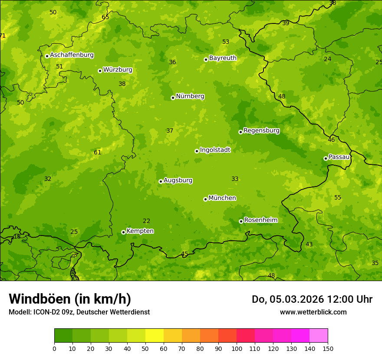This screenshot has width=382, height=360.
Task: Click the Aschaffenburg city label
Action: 72,55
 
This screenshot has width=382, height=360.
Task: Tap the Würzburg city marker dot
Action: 100,71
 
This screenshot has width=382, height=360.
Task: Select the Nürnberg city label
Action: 190,96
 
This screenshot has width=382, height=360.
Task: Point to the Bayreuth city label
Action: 223,58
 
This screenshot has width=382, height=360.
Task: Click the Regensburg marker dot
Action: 240,132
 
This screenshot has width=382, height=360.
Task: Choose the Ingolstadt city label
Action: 215,150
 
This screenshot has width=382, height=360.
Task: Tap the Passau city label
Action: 339,157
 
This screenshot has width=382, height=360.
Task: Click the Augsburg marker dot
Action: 161,181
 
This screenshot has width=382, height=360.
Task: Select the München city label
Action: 222,198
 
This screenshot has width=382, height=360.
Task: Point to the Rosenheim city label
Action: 260,220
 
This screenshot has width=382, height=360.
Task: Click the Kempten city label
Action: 140,231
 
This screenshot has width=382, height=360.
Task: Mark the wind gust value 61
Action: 97,152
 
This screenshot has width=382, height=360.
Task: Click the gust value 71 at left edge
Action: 3,36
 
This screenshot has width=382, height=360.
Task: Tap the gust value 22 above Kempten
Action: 147,221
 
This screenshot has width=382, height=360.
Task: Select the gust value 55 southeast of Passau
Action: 338,198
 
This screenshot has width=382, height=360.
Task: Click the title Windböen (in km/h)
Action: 70,299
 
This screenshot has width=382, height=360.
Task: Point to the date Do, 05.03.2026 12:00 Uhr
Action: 312,299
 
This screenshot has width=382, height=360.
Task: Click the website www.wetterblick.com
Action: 313,312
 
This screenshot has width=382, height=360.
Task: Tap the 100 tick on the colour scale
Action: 237,348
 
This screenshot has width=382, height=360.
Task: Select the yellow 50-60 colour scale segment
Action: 155,336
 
